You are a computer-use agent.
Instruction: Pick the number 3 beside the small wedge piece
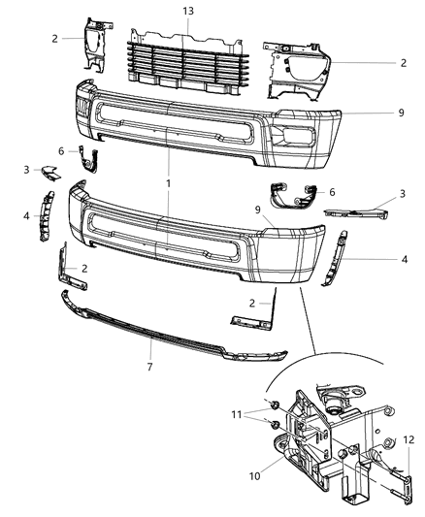27,171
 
